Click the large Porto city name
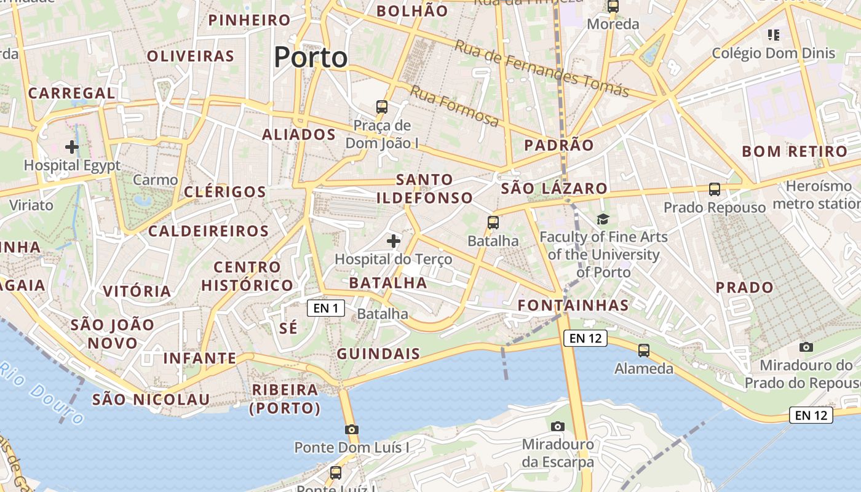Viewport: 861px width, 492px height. (311, 57)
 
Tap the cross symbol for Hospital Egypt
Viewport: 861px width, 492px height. (72, 147)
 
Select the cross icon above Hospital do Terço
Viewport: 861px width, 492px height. (394, 241)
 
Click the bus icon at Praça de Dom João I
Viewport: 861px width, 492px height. (382, 107)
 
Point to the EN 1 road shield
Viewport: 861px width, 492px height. (325, 308)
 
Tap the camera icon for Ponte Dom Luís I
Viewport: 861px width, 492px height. (352, 429)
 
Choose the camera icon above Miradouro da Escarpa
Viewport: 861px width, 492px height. (558, 426)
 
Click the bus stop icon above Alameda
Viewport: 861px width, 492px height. (644, 351)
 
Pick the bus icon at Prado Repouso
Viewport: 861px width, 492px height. (715, 189)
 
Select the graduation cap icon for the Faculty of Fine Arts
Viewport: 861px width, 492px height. (603, 219)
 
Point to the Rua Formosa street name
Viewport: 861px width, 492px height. (454, 106)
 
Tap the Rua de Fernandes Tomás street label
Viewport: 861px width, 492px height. (542, 68)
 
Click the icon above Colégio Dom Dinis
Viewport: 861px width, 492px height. (774, 35)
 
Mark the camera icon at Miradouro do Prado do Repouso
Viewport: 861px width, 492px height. (806, 347)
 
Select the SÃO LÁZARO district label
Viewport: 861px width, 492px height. (554, 189)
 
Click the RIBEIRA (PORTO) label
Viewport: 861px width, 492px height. (285, 399)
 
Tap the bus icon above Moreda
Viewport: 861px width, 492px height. (613, 7)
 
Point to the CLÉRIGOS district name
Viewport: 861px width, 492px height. (224, 191)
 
